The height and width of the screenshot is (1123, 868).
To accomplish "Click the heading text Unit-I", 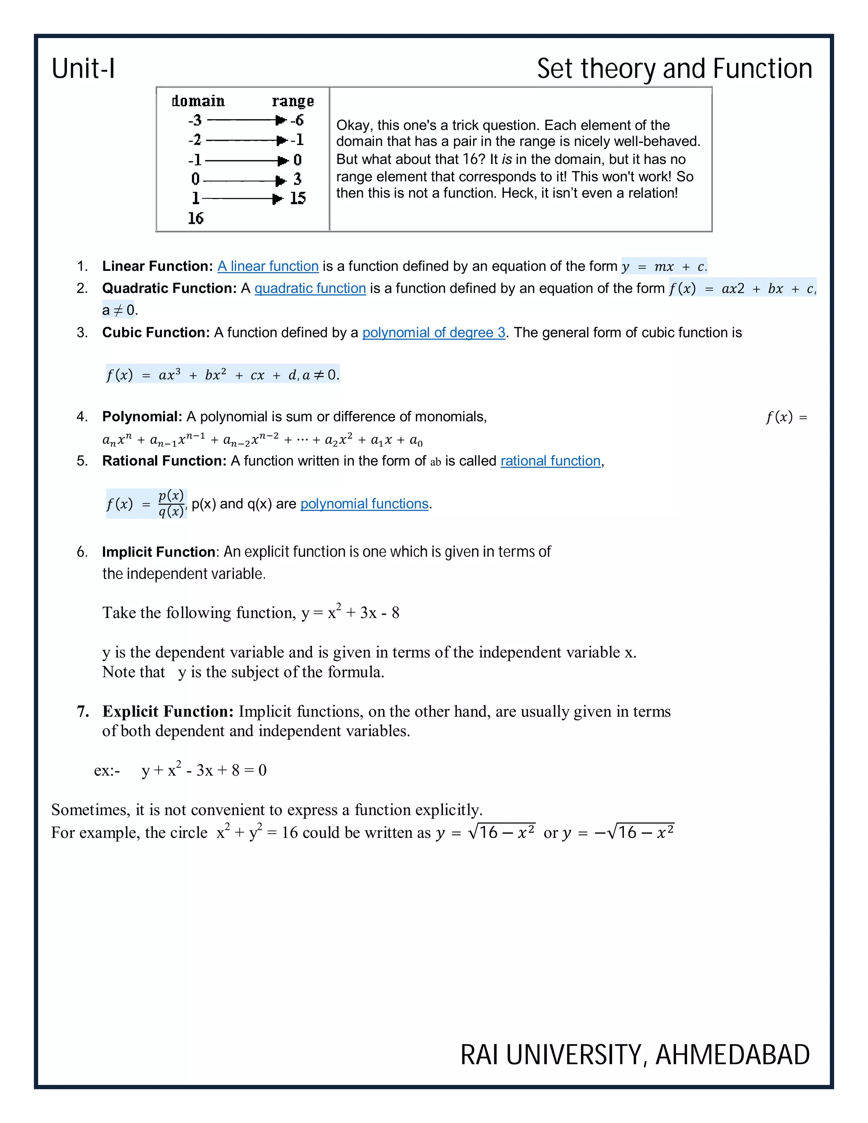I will tap(83, 68).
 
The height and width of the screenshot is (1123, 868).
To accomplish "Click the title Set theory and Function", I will tap(674, 68).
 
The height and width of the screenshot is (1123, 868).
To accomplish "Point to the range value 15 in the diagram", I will tap(297, 198).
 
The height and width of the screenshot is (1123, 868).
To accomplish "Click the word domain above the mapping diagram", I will tap(198, 101).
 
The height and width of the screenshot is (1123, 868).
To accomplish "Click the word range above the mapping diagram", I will tap(292, 101).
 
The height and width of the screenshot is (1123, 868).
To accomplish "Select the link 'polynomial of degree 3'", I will tap(434, 332).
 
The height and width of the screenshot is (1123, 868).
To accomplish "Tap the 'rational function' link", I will tap(550, 461).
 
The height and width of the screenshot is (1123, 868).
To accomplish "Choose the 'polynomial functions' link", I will tap(364, 503).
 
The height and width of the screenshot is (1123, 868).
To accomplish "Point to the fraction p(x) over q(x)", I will tap(171, 503).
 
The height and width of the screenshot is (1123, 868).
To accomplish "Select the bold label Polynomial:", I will tap(142, 416).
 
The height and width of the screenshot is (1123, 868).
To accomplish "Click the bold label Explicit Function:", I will tap(168, 711).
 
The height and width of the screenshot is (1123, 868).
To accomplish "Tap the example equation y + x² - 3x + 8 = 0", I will tap(203, 770).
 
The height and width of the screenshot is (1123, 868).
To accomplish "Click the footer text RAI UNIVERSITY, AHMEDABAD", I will tap(634, 1055).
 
